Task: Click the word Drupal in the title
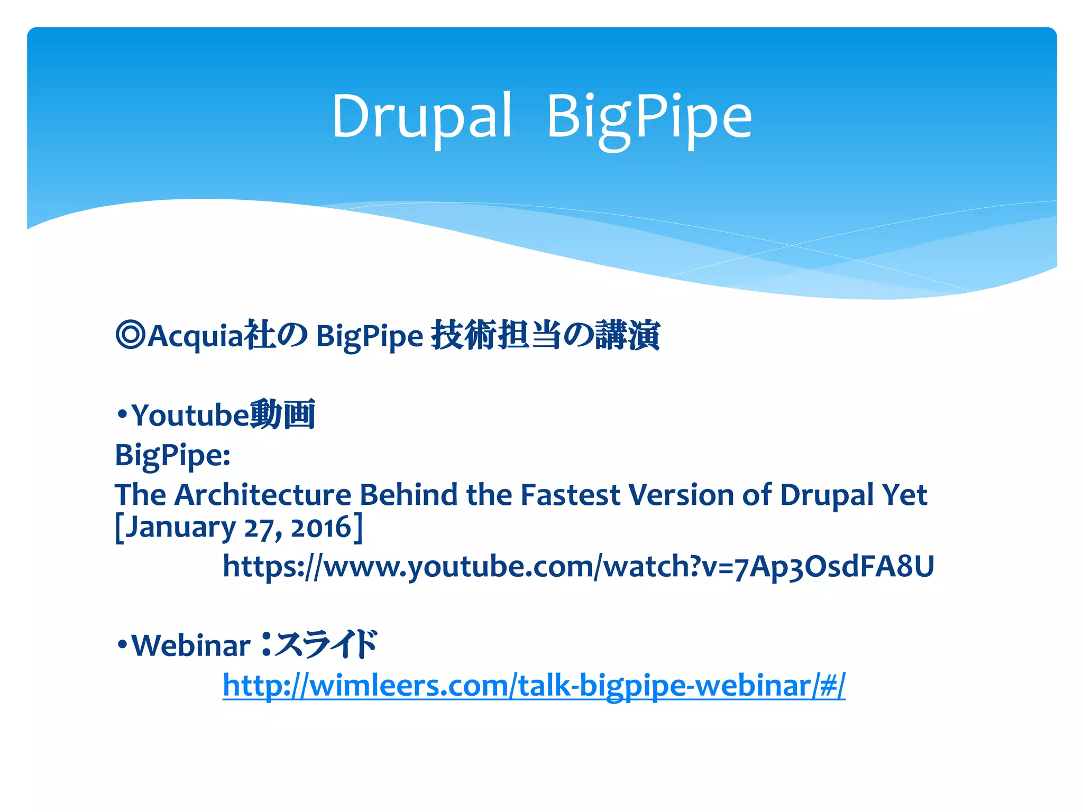[421, 116]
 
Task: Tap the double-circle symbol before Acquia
[130, 335]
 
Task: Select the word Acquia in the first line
[196, 336]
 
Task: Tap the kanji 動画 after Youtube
[283, 414]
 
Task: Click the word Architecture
[263, 495]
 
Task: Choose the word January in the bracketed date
[180, 528]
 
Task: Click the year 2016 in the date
[321, 528]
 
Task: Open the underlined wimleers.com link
[534, 686]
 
